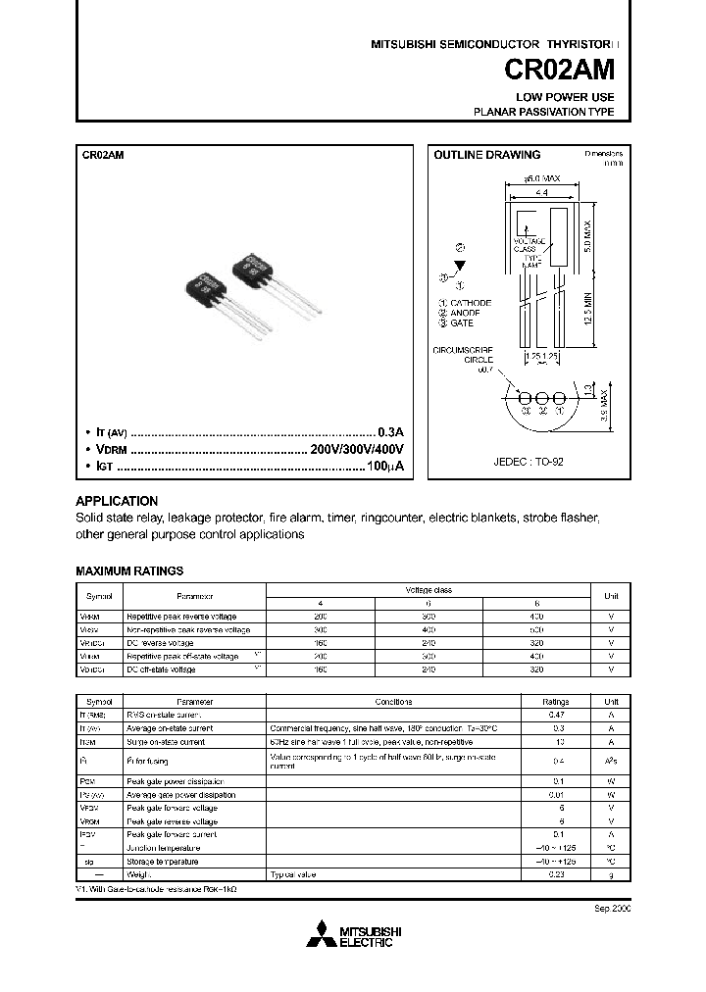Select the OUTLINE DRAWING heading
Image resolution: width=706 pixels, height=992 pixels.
tap(487, 155)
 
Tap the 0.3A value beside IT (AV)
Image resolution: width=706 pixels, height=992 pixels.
tap(391, 431)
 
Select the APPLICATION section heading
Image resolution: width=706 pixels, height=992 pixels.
tap(117, 500)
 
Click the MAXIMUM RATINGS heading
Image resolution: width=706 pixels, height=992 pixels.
tap(129, 570)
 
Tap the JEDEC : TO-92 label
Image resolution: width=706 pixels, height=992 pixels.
tap(529, 461)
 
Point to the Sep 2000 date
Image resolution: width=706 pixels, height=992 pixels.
tap(613, 909)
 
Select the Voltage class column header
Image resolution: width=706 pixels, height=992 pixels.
tap(429, 590)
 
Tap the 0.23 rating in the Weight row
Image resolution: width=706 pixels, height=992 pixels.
tap(557, 873)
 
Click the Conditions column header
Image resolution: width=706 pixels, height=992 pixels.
tap(393, 702)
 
